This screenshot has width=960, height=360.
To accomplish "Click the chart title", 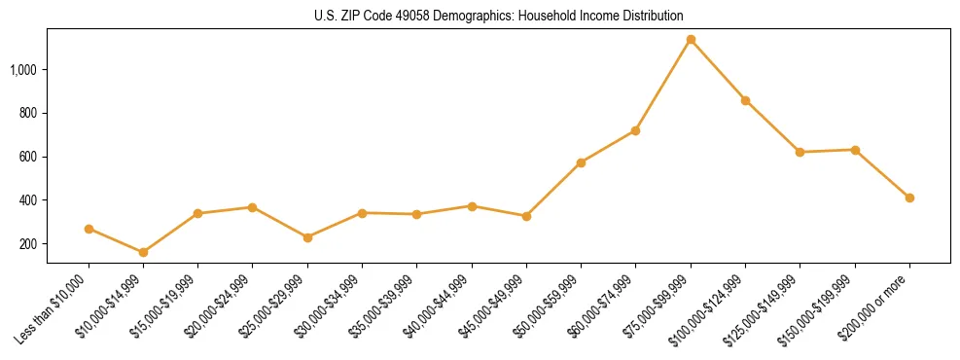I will (498, 16).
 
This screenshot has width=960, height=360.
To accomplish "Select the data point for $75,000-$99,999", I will (691, 40).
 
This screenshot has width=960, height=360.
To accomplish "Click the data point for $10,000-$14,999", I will (143, 252).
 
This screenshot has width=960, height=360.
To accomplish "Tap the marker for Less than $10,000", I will (89, 229).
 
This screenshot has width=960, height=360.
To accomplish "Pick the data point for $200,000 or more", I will (909, 198).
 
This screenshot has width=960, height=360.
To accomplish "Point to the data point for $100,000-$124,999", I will (745, 100).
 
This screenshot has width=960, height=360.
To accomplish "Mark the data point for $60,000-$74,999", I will (635, 130).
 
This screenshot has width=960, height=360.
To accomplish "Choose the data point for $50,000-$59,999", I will (581, 162).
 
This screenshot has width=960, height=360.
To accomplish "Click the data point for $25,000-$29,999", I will (307, 237).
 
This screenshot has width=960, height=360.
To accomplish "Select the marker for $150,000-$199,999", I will (855, 150).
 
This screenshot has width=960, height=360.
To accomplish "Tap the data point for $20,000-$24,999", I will (253, 207).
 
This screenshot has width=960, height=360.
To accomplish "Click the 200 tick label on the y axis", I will (28, 244).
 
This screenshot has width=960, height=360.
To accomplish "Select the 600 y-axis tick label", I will (28, 157).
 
